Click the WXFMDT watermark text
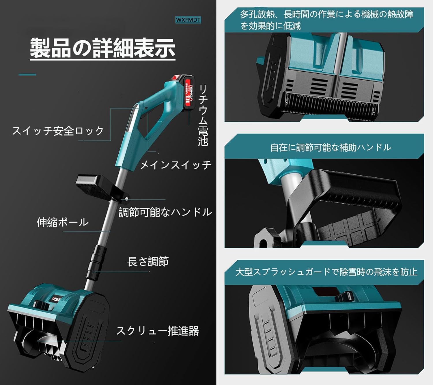188,20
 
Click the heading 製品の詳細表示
102,48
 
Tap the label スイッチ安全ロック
58,131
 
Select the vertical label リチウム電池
203,116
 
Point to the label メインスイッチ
176,165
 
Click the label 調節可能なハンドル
165,212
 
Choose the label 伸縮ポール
62,222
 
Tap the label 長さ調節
148,262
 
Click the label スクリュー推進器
157,331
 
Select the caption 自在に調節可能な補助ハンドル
330,148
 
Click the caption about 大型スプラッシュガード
326,272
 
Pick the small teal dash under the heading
27,75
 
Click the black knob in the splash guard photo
344,296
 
